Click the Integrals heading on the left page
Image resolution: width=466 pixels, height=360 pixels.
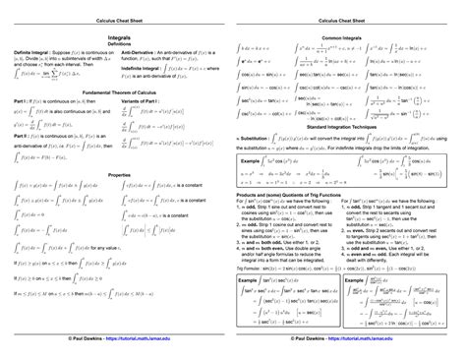point(116,35)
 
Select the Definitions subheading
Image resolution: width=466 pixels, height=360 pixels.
point(116,43)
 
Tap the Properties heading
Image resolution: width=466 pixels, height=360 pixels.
point(116,174)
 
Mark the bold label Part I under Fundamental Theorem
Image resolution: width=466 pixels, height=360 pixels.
point(21,102)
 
